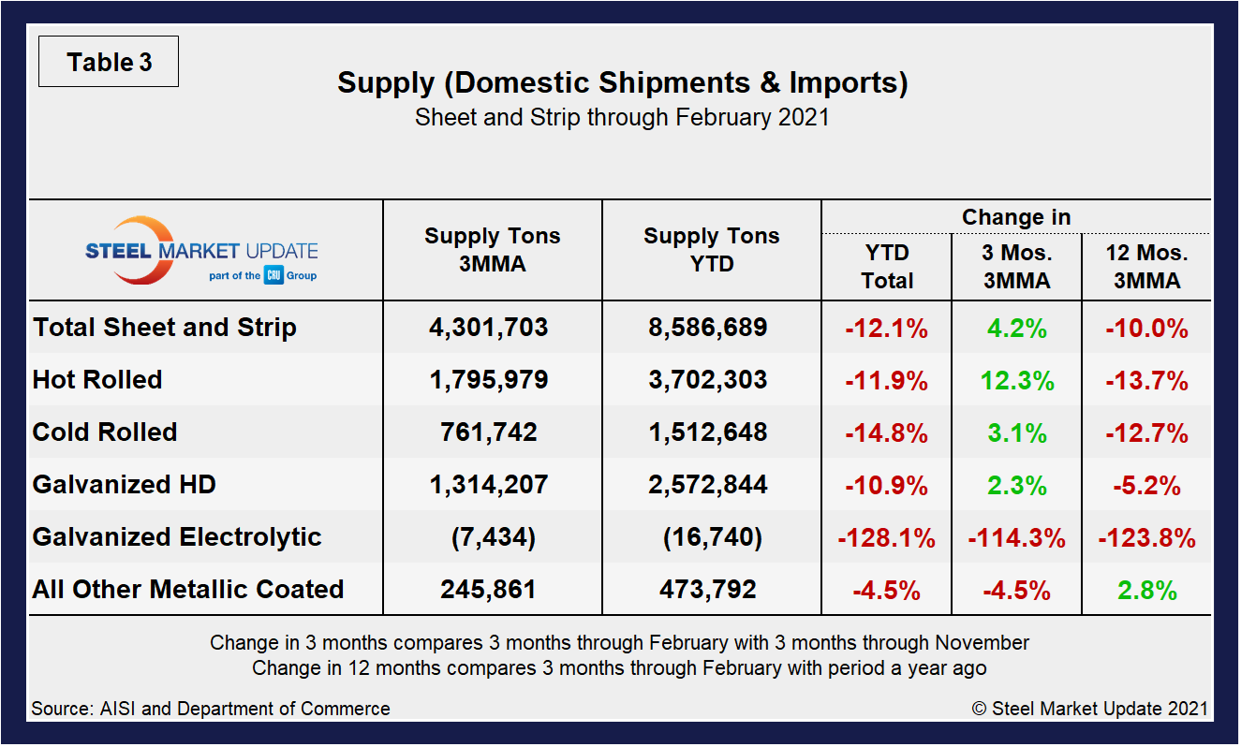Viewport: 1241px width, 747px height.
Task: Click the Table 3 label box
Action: point(109,63)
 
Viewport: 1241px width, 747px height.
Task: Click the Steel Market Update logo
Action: point(201,251)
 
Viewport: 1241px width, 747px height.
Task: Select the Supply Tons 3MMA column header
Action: point(493,250)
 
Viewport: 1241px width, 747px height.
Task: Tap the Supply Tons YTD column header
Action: point(712,250)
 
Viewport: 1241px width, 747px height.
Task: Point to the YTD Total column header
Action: point(887,267)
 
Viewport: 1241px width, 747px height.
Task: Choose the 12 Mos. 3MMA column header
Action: point(1146,267)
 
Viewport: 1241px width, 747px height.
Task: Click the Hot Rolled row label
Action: point(97,380)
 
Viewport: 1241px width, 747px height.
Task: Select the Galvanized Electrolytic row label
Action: point(177,537)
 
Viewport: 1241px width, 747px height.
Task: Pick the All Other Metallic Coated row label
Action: point(188,590)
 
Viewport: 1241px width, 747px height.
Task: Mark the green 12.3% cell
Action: point(1016,380)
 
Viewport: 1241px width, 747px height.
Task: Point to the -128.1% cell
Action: point(886,538)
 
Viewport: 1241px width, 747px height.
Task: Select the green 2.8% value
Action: point(1146,591)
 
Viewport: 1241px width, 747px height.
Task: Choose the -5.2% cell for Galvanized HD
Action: point(1146,486)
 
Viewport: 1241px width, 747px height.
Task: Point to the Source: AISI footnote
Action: point(211,709)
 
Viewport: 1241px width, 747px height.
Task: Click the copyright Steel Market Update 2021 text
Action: point(1090,709)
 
